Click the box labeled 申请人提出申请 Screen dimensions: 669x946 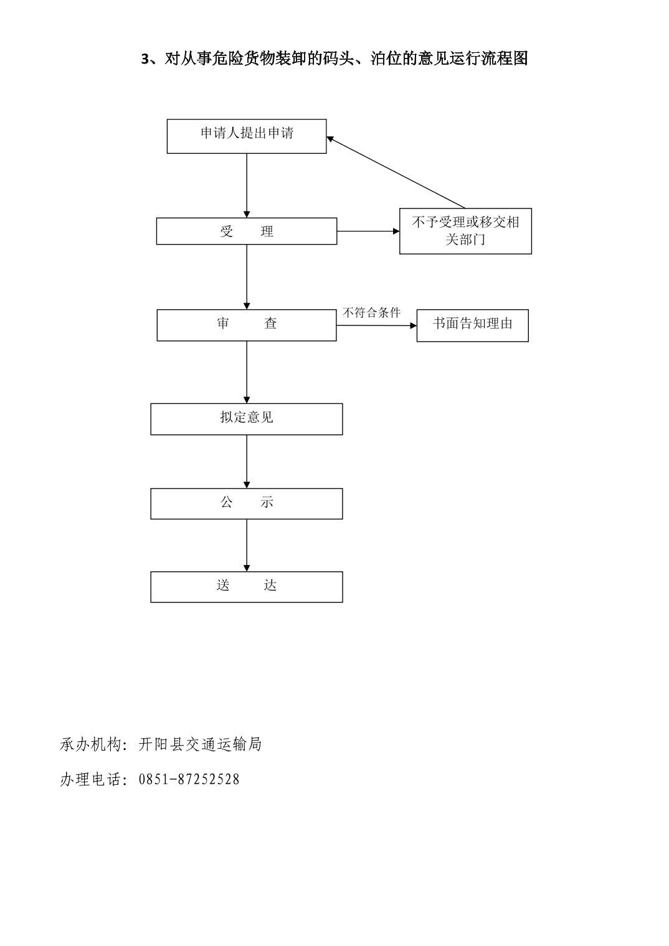(x=247, y=136)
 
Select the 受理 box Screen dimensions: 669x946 (x=247, y=231)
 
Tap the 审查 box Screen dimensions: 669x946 (x=247, y=325)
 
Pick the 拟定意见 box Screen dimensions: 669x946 (x=247, y=419)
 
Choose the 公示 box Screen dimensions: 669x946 (x=247, y=504)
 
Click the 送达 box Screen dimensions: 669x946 (x=247, y=587)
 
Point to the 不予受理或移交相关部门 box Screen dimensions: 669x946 (x=465, y=231)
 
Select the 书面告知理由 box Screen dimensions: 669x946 (x=473, y=325)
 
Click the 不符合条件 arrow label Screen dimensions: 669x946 (x=371, y=313)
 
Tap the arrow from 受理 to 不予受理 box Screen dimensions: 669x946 (x=368, y=231)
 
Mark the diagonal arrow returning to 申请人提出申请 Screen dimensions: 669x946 (x=396, y=172)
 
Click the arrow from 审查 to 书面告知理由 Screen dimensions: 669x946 (x=377, y=325)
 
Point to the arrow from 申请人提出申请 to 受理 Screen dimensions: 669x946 (x=247, y=185)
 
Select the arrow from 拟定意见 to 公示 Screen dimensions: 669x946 (x=247, y=462)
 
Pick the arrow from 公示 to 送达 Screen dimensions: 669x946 (x=247, y=545)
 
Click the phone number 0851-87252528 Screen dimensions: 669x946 (x=189, y=780)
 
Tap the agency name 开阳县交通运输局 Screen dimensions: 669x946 (x=200, y=744)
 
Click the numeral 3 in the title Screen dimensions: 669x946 (x=145, y=59)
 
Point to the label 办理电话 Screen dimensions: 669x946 (x=92, y=780)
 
